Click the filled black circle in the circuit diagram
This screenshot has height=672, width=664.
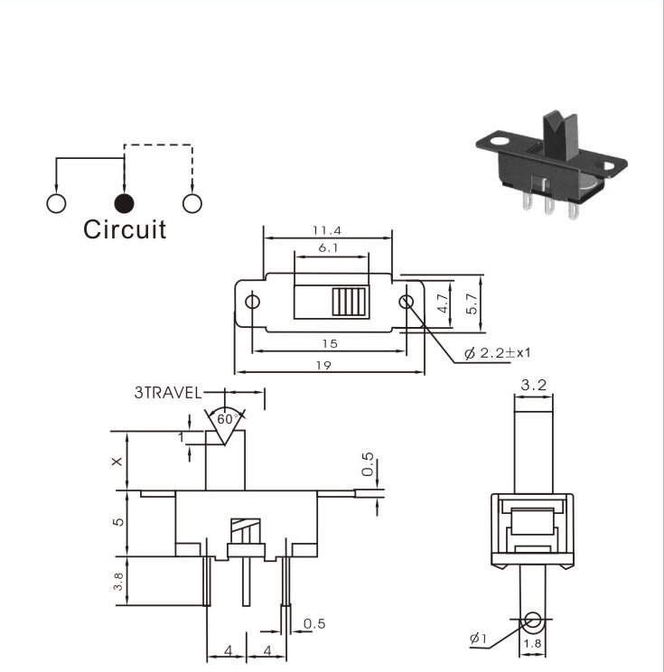coord(125,203)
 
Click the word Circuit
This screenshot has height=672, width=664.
coord(125,229)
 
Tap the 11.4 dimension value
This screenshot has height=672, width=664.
coord(327,230)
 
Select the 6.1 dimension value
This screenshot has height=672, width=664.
coord(328,247)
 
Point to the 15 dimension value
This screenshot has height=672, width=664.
coord(330,344)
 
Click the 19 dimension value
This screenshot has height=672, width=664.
coord(323,365)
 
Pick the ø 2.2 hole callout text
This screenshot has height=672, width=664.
coord(497,353)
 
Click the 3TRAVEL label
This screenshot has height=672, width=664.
coord(168,393)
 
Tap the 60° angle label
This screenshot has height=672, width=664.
coord(228,419)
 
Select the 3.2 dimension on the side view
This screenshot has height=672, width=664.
coord(534,385)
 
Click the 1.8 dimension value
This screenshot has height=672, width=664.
coord(532,643)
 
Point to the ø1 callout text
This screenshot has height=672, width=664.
coord(478,639)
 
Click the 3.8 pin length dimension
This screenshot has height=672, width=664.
coord(118,581)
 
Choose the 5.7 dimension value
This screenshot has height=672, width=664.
coord(472,303)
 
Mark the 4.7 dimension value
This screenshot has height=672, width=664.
coord(444,303)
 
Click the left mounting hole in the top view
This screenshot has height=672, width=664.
coord(252,302)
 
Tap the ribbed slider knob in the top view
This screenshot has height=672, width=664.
coord(350,303)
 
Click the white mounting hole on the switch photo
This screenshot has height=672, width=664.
coord(499,140)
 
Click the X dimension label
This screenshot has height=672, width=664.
coord(117,462)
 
